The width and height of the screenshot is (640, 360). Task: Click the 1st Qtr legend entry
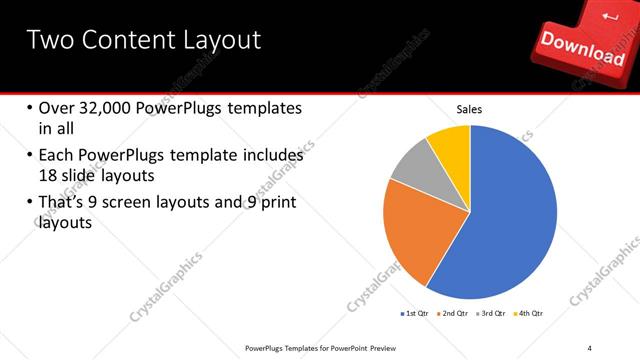pos(416,314)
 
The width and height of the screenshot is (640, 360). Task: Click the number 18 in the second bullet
pos(49,174)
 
